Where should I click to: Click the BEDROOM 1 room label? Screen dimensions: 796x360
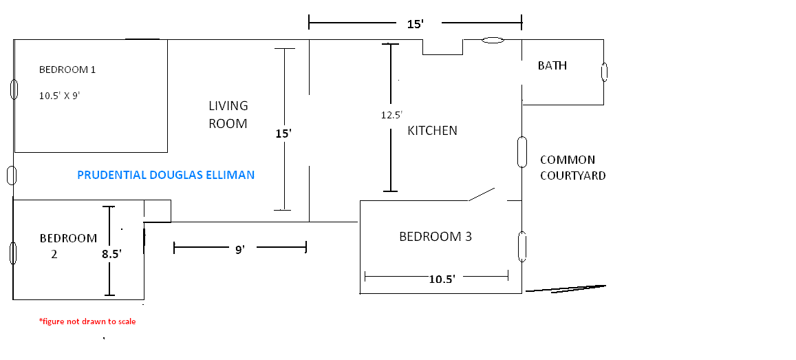click(x=67, y=70)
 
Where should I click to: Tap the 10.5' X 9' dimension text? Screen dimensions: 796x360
click(x=60, y=96)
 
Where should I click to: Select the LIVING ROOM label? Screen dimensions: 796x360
click(x=228, y=115)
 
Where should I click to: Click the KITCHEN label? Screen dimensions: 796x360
click(x=432, y=131)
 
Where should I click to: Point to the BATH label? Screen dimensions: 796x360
click(x=552, y=66)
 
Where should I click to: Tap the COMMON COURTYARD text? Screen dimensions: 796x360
click(x=572, y=168)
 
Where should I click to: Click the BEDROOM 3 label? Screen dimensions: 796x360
click(x=435, y=237)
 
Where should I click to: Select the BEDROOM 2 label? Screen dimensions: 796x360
click(x=67, y=246)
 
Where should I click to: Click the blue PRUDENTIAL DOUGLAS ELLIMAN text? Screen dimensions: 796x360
click(x=166, y=176)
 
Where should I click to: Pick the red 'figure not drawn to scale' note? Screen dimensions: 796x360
click(x=87, y=321)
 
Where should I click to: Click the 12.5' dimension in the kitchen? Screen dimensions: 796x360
click(x=391, y=116)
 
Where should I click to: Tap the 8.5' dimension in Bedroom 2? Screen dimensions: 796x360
click(x=111, y=254)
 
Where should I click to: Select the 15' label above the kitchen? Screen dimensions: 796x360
click(x=415, y=25)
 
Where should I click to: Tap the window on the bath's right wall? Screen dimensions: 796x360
click(x=604, y=72)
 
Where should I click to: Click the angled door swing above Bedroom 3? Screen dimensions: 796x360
click(x=482, y=195)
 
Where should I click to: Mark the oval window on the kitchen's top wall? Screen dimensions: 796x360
click(x=492, y=41)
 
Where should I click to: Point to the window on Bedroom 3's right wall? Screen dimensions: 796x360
click(x=521, y=246)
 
